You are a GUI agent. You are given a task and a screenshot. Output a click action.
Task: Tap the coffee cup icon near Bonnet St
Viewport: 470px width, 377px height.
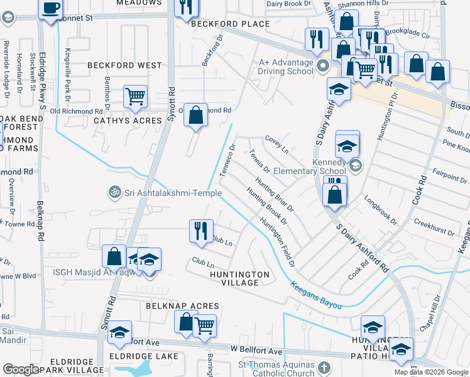pos(50,9)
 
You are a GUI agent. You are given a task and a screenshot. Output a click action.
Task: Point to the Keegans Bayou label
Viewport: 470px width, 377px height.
pos(316,295)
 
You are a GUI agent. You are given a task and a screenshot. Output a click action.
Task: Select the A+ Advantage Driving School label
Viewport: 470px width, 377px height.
pos(286,67)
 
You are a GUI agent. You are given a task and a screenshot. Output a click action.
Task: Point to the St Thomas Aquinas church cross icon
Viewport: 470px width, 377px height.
pos(323,368)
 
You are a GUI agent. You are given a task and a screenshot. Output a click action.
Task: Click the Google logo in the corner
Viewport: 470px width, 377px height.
pos(21,369)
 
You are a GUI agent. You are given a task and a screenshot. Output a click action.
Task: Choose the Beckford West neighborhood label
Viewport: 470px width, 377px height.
pos(124,65)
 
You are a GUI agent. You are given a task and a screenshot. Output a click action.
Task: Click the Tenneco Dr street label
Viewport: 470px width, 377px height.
pos(226,161)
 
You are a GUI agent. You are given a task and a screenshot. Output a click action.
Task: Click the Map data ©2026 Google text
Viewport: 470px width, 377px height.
pos(430,372)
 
